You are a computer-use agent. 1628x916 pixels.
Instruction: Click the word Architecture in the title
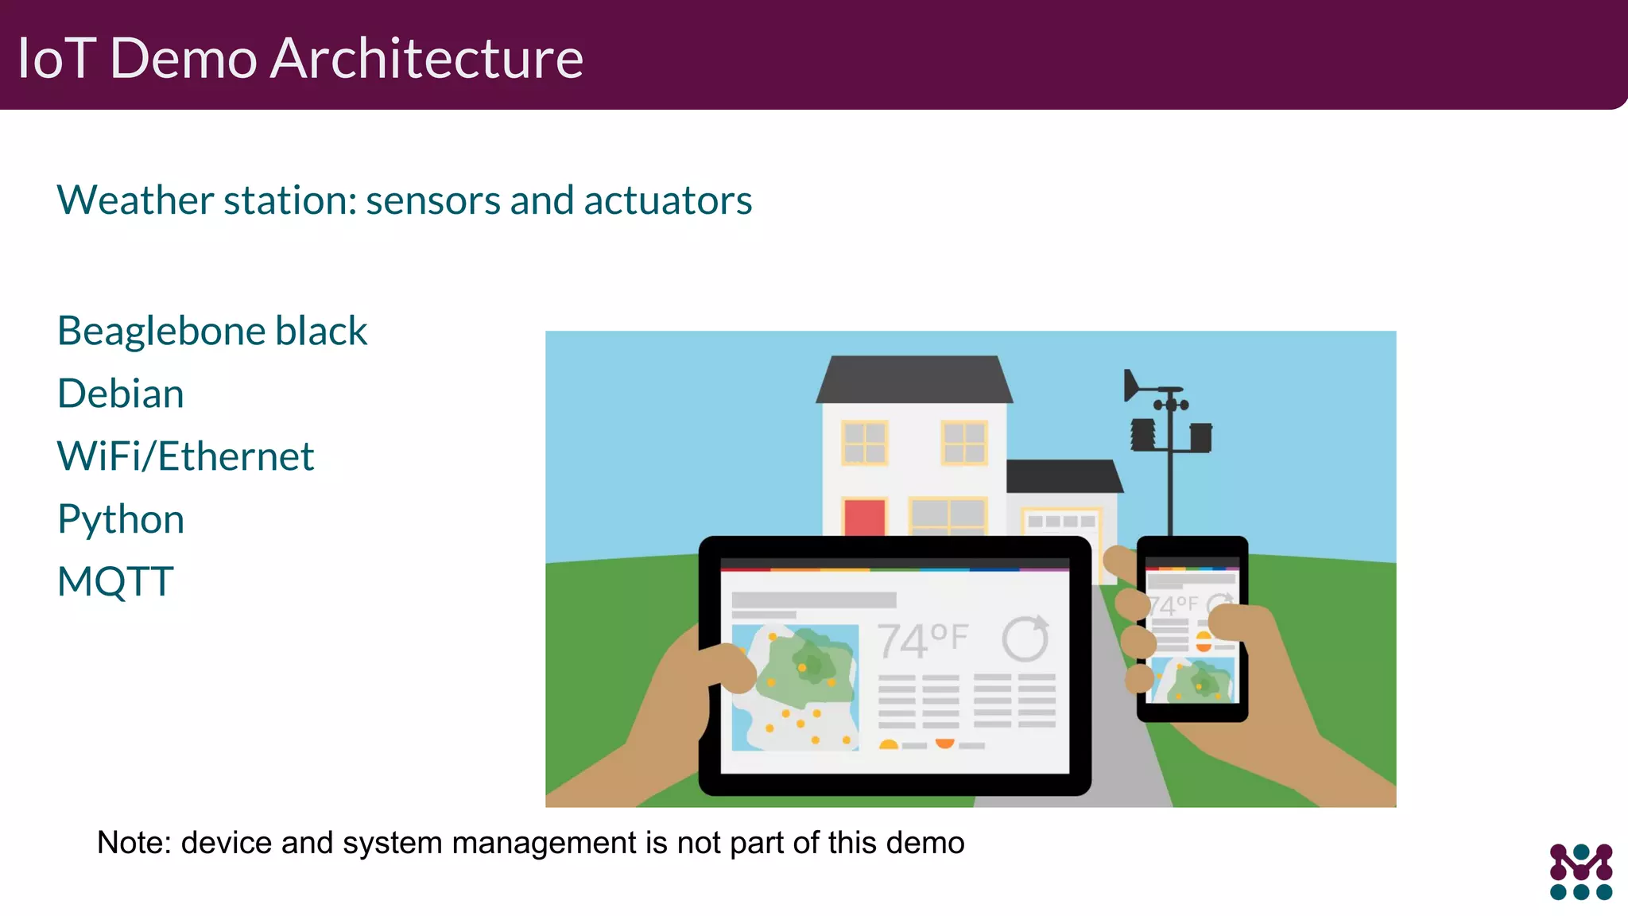coord(426,59)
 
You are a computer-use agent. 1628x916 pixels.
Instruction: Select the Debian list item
coord(121,394)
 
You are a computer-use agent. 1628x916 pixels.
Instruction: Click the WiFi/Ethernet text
coord(185,456)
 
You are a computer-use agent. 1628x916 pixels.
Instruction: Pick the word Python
coord(121,519)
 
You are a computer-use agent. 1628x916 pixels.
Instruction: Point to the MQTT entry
coord(115,581)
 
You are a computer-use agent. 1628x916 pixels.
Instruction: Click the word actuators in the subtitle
coord(668,200)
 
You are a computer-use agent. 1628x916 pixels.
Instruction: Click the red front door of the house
coord(864,517)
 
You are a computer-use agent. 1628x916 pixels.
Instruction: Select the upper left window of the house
coord(864,443)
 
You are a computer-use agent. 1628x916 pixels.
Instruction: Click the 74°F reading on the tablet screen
coord(922,640)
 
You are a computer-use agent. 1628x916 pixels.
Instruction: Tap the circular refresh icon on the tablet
coord(1025,638)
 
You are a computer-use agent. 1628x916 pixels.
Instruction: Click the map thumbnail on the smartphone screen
coord(1193,681)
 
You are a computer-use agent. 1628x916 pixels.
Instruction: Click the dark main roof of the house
coord(914,379)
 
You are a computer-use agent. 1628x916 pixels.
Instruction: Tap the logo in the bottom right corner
coord(1580,871)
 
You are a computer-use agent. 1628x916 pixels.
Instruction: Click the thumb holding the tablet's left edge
coord(727,668)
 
